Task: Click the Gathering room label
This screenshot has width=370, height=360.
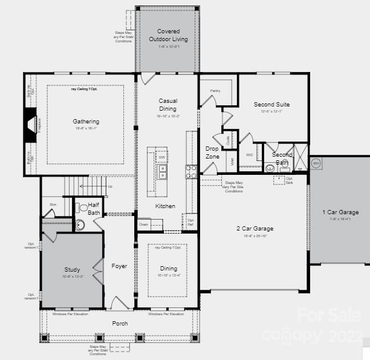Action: coord(85,122)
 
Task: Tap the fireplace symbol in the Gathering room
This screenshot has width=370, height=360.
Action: coord(30,125)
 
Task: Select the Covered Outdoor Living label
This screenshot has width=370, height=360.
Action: coord(168,35)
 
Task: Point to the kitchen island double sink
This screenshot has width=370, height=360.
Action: coord(162,172)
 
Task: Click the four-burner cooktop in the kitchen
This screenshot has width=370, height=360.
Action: coord(191,172)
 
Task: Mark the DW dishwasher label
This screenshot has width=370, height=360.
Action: coord(162,157)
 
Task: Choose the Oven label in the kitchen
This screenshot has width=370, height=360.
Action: coord(143,224)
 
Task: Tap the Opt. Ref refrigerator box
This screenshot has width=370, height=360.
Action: coord(190,222)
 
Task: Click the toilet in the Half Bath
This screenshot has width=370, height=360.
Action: coord(83,208)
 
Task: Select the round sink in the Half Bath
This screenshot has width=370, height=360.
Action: coord(80,225)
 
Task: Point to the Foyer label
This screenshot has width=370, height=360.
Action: coord(120,266)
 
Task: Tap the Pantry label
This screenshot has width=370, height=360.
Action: coord(215,91)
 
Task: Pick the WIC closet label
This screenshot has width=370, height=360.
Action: coord(250,155)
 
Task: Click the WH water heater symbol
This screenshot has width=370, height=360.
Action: coord(316,163)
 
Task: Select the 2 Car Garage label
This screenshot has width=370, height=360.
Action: coord(255,229)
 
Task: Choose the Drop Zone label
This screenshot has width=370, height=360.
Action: coord(212,152)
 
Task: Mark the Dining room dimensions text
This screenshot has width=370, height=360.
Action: coord(169,276)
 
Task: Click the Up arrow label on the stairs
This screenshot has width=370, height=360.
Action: coord(110,186)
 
